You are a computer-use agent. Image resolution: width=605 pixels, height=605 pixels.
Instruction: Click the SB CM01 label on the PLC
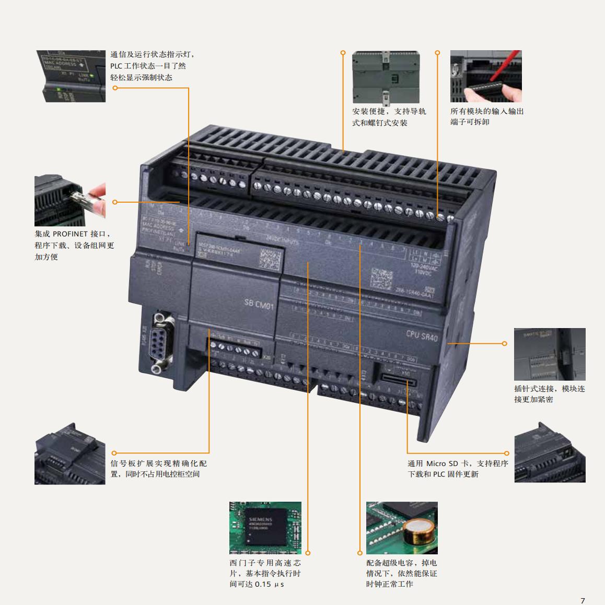tap(259, 304)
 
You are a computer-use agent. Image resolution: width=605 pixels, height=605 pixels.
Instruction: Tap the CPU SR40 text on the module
tap(422, 336)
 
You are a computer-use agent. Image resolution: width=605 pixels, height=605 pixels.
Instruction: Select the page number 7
tap(583, 600)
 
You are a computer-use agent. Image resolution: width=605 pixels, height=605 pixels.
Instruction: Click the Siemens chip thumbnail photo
tap(265, 528)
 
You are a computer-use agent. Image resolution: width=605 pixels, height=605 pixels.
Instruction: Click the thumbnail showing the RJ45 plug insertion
tap(70, 201)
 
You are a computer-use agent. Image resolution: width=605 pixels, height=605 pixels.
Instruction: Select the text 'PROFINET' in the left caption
tap(70, 234)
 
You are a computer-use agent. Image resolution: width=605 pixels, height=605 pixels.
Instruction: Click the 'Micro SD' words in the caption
tap(443, 463)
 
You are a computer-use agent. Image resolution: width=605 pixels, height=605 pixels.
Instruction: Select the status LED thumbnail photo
tap(71, 76)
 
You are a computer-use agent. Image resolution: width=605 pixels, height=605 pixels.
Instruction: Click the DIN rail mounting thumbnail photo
tap(386, 77)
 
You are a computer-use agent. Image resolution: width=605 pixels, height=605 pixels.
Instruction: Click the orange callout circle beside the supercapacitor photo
tap(360, 553)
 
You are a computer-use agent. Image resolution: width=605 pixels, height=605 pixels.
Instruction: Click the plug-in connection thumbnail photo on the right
tap(550, 354)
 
